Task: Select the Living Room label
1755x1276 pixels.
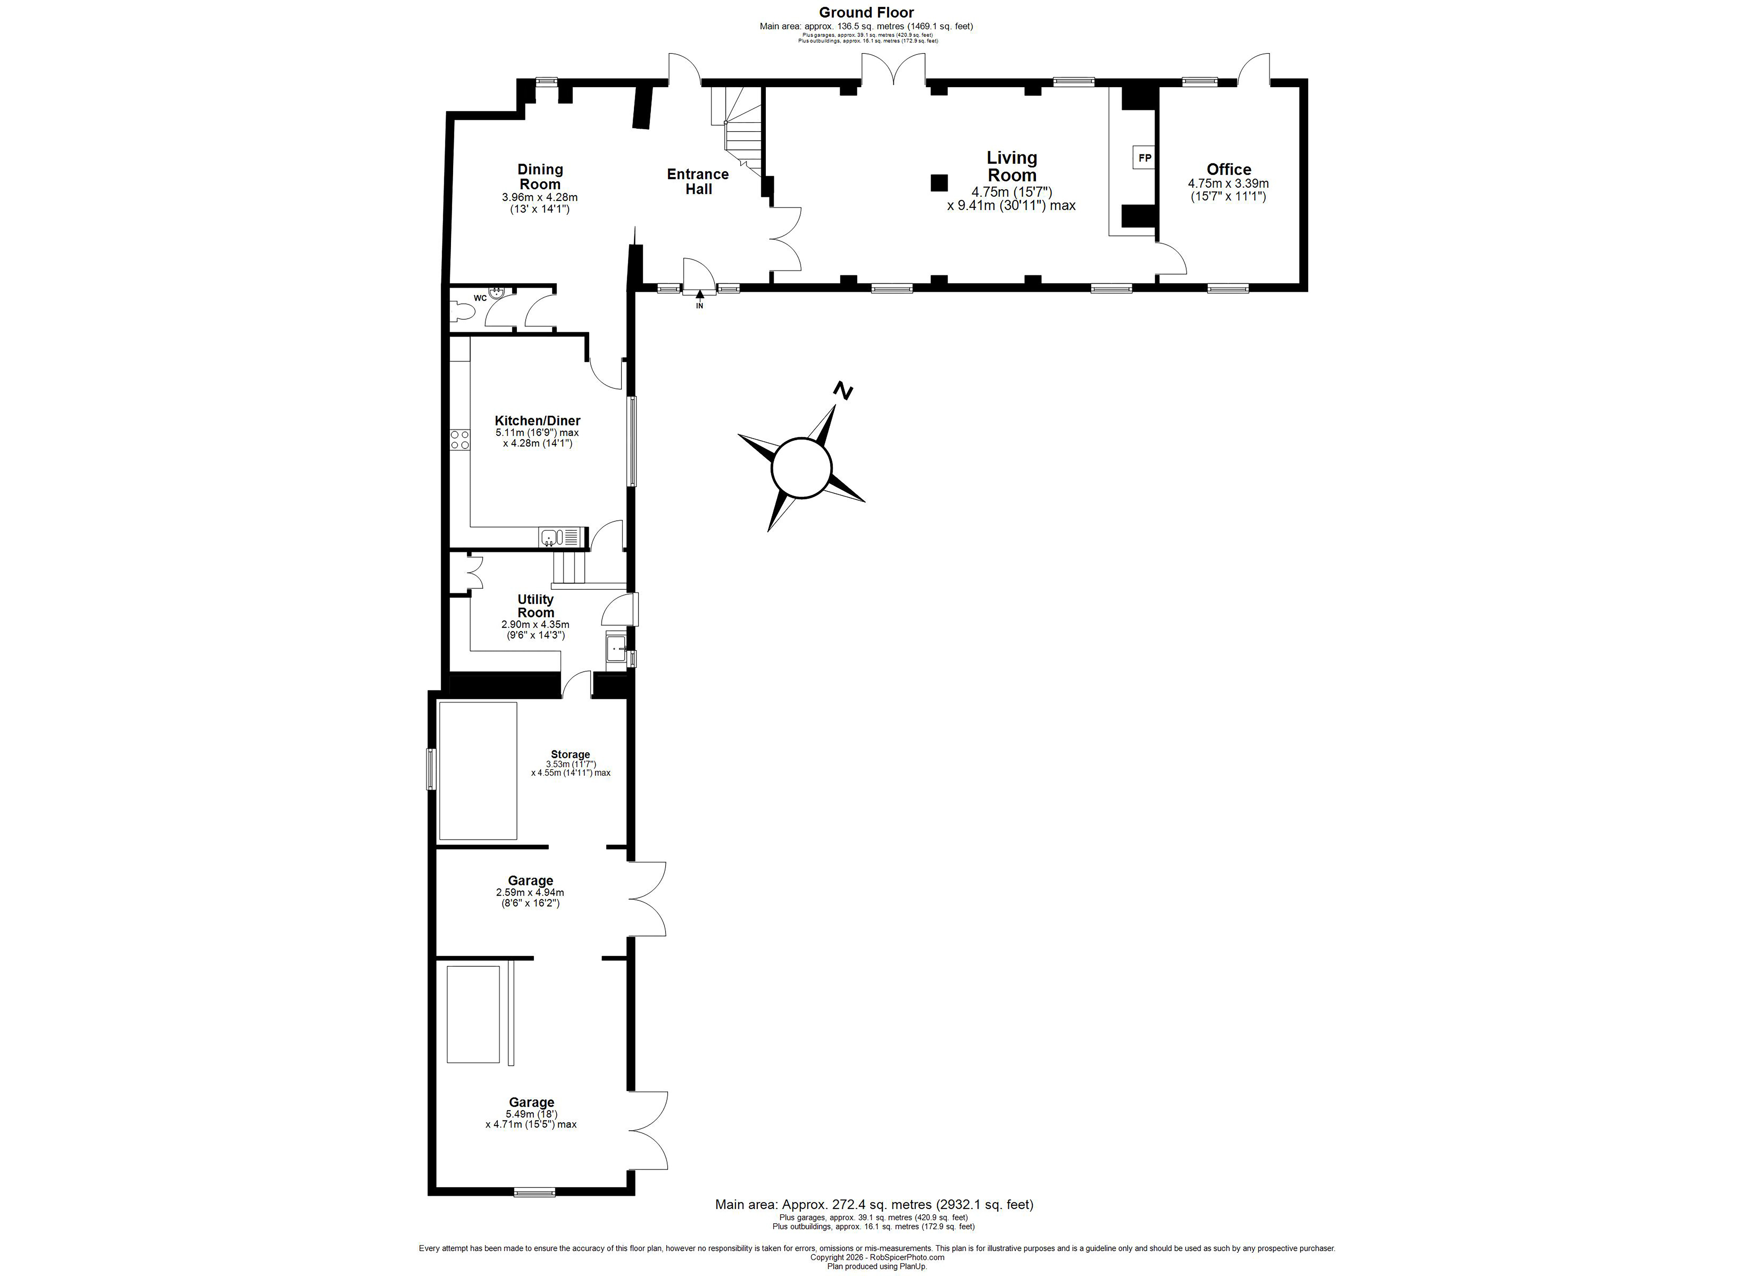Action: click(x=1011, y=166)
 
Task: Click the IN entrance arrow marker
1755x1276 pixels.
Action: click(x=700, y=300)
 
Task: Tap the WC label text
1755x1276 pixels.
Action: click(x=480, y=298)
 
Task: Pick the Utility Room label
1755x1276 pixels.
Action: click(x=536, y=606)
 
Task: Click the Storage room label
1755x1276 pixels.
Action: click(x=570, y=754)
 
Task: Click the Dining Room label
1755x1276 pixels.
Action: click(x=540, y=177)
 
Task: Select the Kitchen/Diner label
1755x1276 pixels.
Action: click(x=538, y=421)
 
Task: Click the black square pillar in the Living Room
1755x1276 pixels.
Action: click(x=939, y=183)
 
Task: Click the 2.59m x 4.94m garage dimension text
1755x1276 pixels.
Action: click(x=530, y=893)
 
